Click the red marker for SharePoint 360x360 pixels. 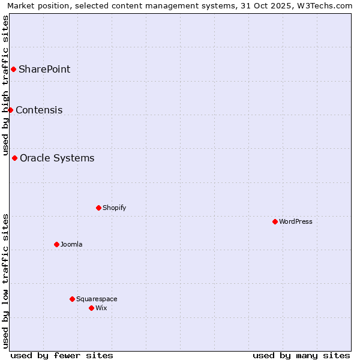[x=13, y=69]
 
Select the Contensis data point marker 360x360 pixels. [x=10, y=110]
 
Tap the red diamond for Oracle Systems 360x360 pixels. [x=14, y=158]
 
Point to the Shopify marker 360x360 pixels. [x=98, y=208]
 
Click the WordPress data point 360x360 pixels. [x=275, y=221]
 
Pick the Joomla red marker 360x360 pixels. [x=56, y=244]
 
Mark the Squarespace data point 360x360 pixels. [x=72, y=299]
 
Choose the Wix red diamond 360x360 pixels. [x=91, y=308]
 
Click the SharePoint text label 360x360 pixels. [x=44, y=69]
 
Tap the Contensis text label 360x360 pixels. [x=39, y=110]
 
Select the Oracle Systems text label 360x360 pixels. [x=57, y=158]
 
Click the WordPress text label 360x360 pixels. [x=296, y=221]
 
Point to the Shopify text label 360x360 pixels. [x=115, y=208]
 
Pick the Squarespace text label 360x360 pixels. [x=97, y=299]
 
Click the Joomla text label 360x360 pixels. [x=71, y=244]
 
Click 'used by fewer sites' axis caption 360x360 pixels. [x=62, y=355]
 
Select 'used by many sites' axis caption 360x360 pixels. [x=301, y=355]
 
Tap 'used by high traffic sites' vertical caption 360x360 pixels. [x=5, y=86]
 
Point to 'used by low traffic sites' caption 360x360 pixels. [x=5, y=281]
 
